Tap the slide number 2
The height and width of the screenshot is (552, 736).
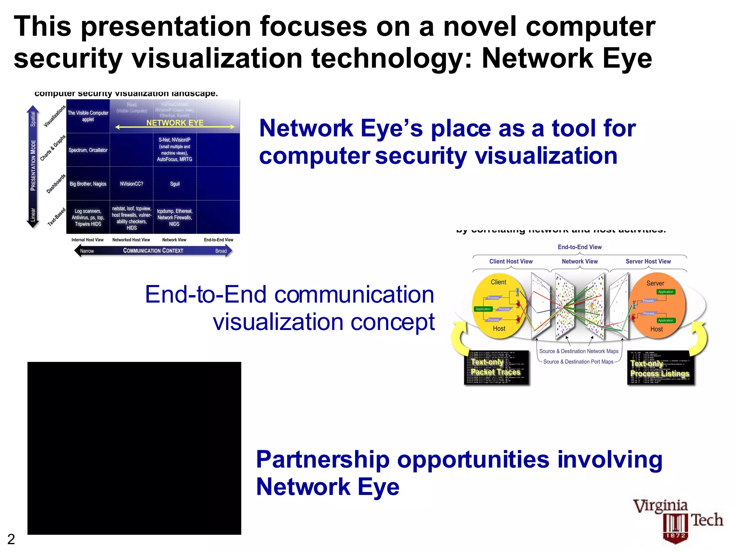coord(11,539)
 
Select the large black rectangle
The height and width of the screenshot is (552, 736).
coord(134,448)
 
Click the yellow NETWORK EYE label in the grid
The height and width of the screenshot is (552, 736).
coord(175,123)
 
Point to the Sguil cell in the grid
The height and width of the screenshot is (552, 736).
coord(175,184)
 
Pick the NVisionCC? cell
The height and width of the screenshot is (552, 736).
coord(132,184)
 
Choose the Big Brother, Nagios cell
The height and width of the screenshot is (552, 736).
coord(88,184)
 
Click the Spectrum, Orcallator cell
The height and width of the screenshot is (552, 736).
coord(88,150)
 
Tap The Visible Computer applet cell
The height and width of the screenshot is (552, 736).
coord(88,116)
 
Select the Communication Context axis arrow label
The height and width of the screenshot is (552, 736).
coord(153,250)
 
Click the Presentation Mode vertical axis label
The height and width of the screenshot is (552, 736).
coord(33,165)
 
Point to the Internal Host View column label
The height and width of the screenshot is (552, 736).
coord(87,240)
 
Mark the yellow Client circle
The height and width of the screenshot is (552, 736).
coord(499,305)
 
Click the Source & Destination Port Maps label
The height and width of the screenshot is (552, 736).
coord(578,362)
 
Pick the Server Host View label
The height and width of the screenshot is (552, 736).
coord(648,261)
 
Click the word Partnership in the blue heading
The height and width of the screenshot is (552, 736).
coord(323,460)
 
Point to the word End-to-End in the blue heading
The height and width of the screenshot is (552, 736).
coord(206,295)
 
